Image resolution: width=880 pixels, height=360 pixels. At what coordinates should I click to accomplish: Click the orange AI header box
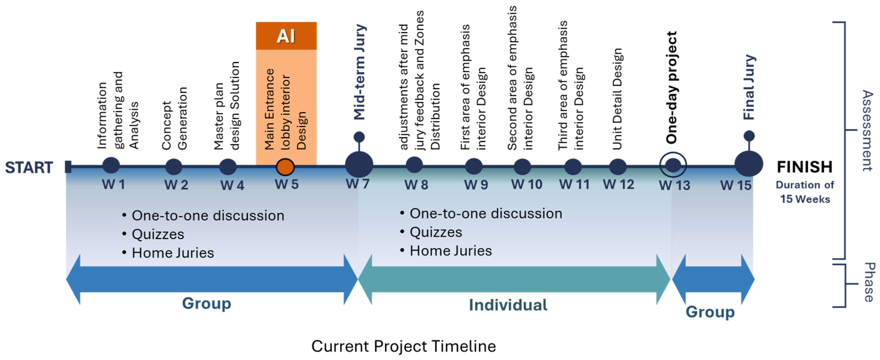click(x=286, y=36)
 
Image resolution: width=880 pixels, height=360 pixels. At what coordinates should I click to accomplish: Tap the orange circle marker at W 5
click(x=285, y=167)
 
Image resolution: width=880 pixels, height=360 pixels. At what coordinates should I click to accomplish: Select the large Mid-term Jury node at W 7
click(x=359, y=165)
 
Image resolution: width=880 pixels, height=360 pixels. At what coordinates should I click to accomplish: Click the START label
click(x=29, y=167)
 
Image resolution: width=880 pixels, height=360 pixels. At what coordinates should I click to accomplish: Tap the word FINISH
click(x=805, y=167)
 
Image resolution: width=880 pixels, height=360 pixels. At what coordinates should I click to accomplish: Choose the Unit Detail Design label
click(x=617, y=99)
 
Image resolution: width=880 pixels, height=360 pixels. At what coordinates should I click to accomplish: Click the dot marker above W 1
click(x=111, y=166)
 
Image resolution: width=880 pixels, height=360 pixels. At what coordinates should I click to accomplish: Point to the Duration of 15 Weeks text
click(x=805, y=192)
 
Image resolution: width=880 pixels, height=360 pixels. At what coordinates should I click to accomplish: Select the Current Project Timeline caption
click(x=403, y=346)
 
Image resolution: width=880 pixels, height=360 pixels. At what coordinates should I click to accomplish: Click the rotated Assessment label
click(x=868, y=130)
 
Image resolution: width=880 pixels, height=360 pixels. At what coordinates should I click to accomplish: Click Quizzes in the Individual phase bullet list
click(x=436, y=232)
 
